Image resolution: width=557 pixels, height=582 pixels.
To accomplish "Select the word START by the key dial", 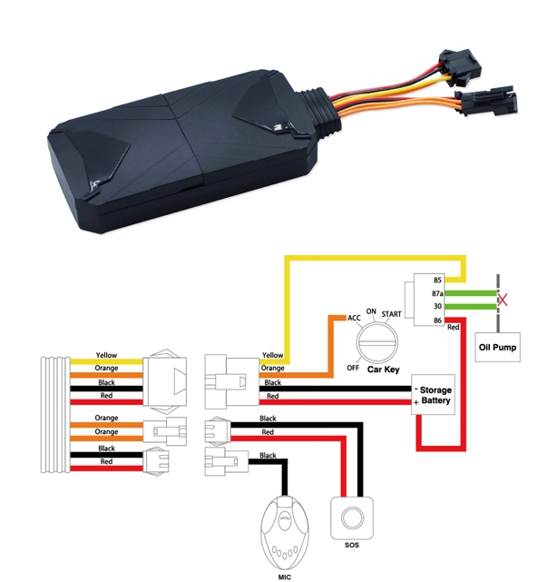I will pyautogui.click(x=392, y=313).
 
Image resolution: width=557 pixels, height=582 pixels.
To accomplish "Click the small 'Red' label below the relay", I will pyautogui.click(x=453, y=327).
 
